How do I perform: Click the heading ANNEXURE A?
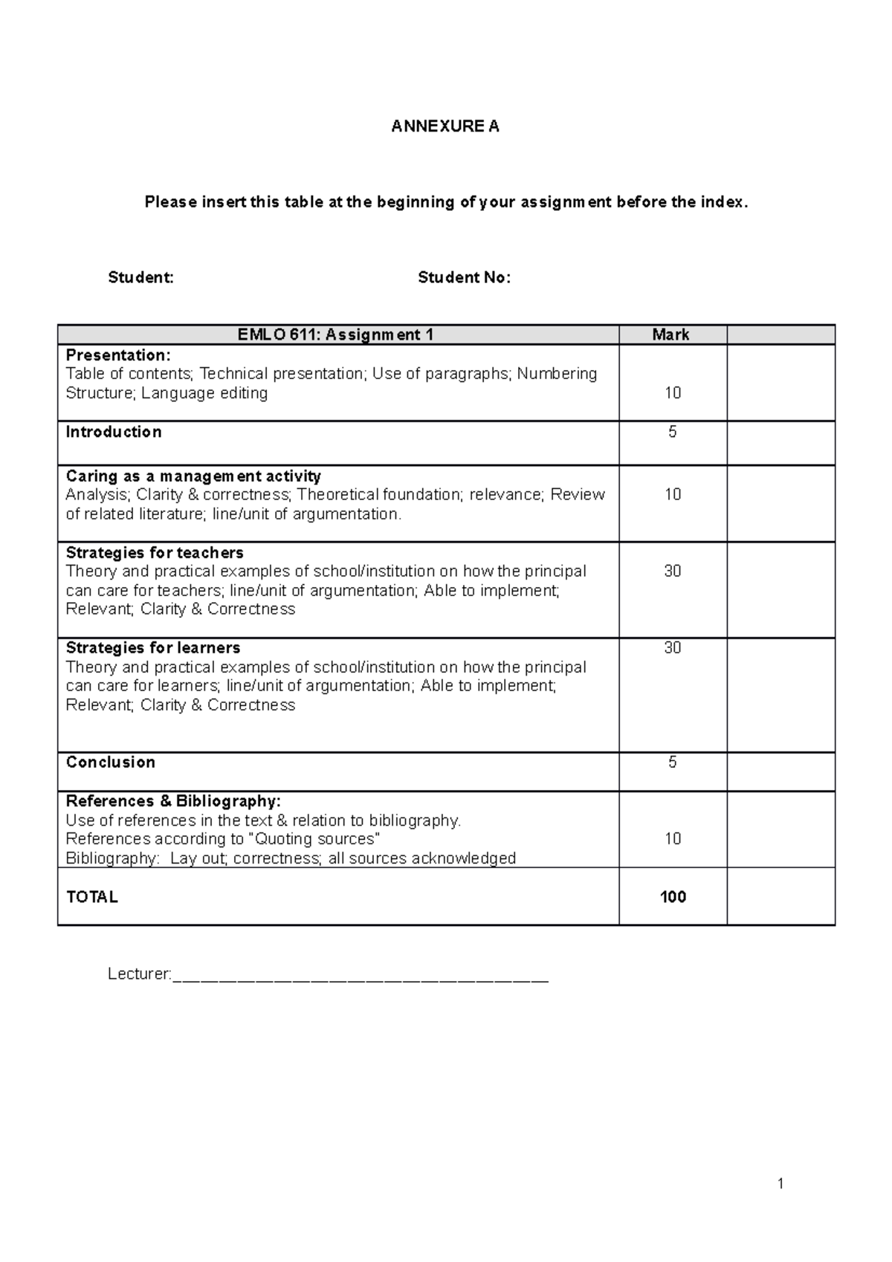[445, 126]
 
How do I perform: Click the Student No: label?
[464, 278]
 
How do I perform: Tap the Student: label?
[140, 278]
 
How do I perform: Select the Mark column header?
[670, 334]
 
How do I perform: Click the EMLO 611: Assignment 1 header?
[335, 334]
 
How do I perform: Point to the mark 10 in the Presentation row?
[672, 393]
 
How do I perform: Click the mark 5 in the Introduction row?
[672, 432]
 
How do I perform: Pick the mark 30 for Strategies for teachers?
[672, 571]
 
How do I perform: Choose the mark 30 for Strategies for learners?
[672, 647]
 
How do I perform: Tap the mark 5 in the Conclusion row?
[672, 762]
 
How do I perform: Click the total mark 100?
[672, 897]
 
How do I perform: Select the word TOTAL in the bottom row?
[92, 897]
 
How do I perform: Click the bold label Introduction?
[113, 432]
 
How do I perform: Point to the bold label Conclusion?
[110, 762]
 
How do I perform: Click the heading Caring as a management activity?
[193, 476]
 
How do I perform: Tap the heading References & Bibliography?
[173, 801]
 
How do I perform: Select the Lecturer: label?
[140, 974]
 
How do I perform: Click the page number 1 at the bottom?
[780, 1183]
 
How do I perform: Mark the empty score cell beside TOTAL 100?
[780, 897]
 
